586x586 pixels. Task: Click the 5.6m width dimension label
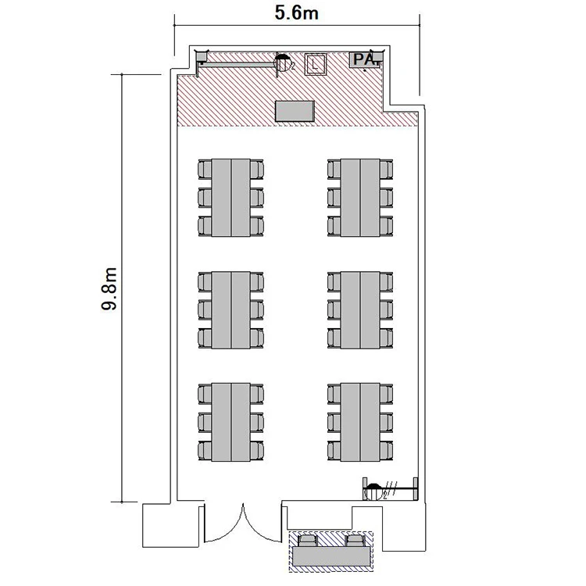point(296,13)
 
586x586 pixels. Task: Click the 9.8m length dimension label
point(109,289)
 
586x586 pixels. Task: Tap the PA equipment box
point(366,60)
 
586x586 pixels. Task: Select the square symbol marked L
point(316,64)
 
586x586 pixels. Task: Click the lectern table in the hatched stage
point(295,111)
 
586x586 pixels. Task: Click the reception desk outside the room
point(331,556)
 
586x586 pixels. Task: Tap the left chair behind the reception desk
point(309,541)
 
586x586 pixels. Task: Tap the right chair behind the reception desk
point(354,541)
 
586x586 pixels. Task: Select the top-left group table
point(231,198)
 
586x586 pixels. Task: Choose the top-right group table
point(360,198)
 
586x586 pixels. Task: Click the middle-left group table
point(231,310)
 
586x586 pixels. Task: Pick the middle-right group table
point(360,310)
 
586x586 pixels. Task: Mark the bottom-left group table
point(231,422)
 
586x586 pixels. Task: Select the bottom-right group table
point(360,422)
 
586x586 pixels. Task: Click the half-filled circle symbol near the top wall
point(283,63)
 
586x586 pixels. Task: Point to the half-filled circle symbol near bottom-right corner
point(373,491)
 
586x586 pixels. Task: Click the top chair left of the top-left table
point(205,169)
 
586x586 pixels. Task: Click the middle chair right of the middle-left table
point(257,310)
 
